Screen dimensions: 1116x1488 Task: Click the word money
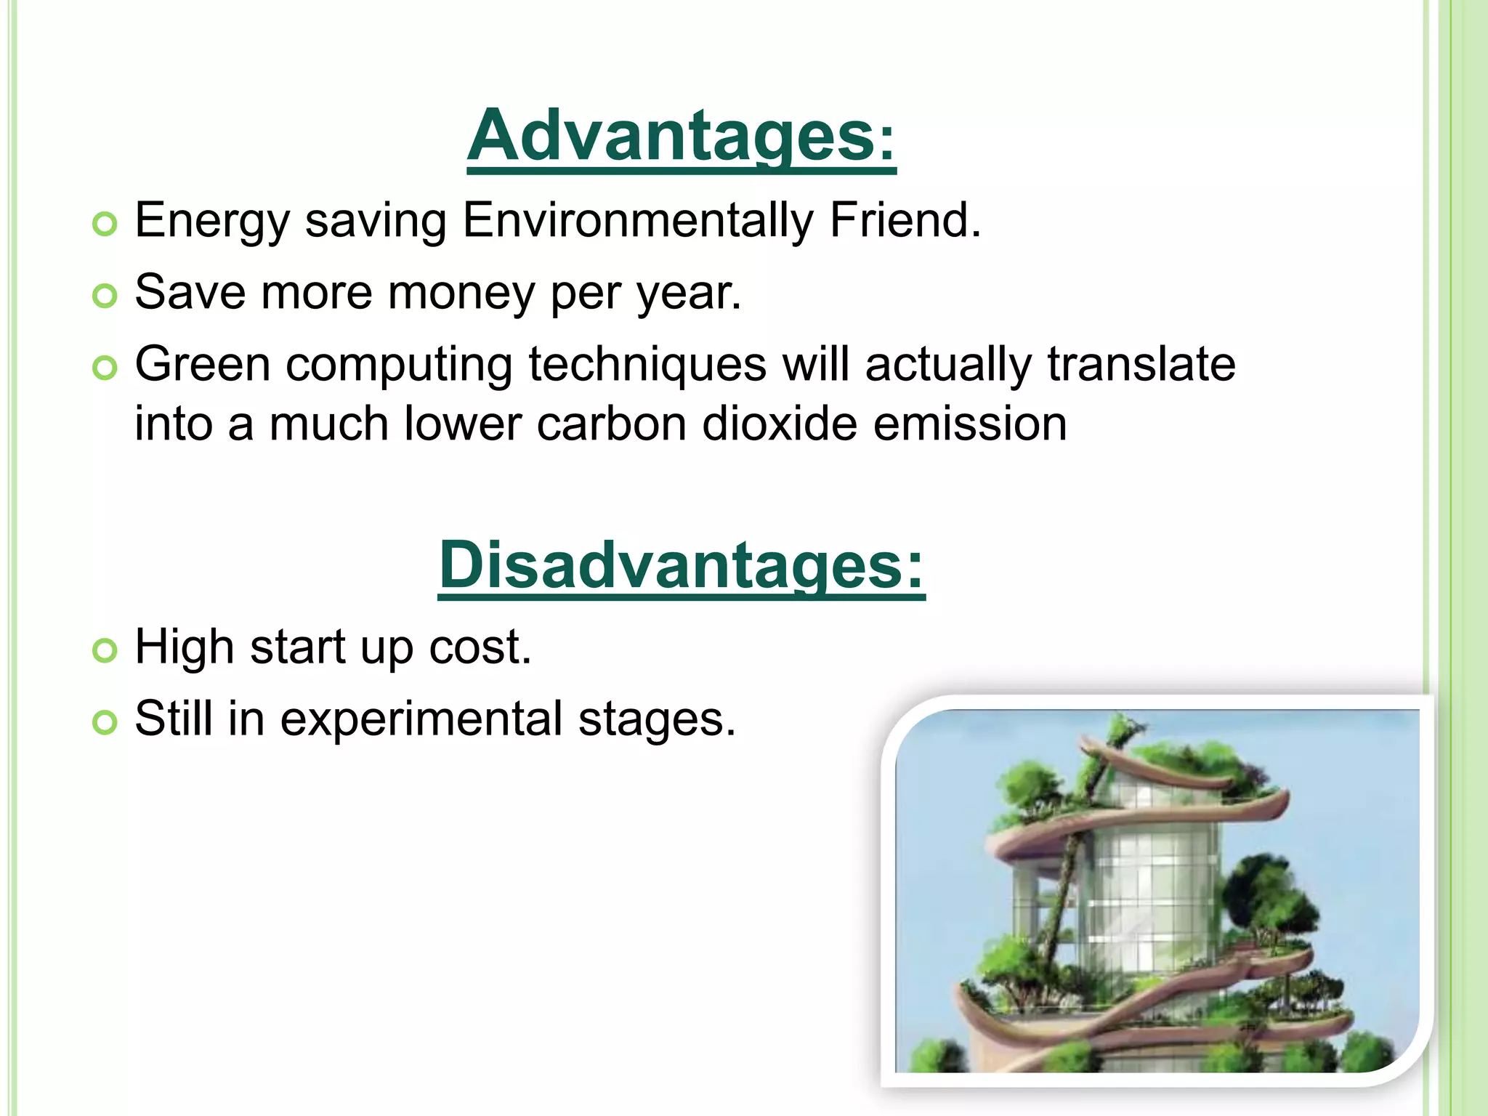tap(462, 293)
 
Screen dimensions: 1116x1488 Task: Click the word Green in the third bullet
tap(203, 364)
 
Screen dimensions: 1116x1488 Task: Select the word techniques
tap(647, 365)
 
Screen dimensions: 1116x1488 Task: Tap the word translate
tap(1141, 364)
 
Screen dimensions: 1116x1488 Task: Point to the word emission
tap(970, 424)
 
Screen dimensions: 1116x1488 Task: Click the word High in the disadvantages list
tap(185, 647)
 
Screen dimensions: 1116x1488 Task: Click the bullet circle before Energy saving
tap(105, 225)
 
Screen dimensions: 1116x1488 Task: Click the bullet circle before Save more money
tap(105, 296)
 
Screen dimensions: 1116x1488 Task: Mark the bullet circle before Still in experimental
tap(105, 723)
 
